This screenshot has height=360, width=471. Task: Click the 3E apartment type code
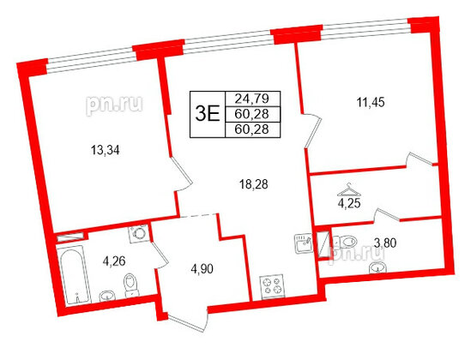click(207, 113)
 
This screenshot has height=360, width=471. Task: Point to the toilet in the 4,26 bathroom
click(130, 284)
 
